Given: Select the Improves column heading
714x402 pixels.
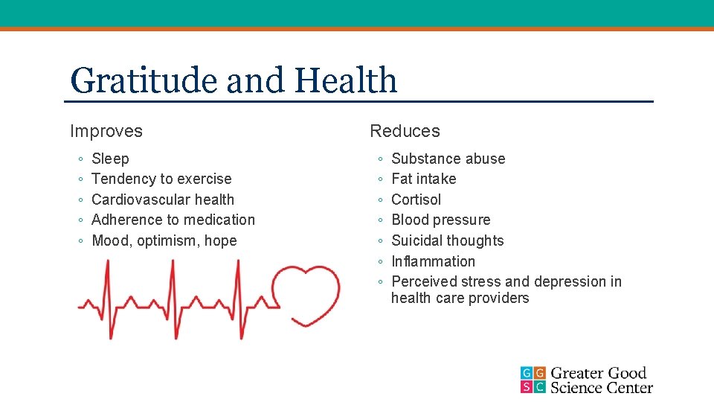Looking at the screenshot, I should pos(106,131).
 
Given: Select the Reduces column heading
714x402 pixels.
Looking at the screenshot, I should pos(405,131).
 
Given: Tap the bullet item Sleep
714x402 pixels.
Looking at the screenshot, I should pos(110,159).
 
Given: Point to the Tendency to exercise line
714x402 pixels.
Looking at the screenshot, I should pos(161,179).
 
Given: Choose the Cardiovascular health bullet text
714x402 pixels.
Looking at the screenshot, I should pos(163,200).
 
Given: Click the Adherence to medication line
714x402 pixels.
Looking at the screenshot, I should pos(173,220).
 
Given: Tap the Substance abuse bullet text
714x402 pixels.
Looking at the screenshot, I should pos(448,159).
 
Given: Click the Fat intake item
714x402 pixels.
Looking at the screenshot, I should pos(423,179).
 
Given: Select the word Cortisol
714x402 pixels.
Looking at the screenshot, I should pos(416,200).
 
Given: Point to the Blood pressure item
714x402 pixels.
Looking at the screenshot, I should pos(440,220).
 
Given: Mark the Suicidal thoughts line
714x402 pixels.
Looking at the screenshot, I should pos(447,240).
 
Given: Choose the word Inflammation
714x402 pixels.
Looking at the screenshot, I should pos(433,261).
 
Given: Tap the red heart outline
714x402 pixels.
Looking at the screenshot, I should pos(306,295).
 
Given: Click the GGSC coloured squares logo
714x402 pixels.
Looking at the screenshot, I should pos(533,380).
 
